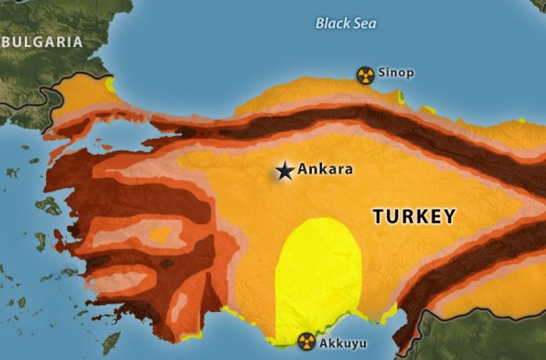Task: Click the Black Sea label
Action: point(346,24)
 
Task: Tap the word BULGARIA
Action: point(42,42)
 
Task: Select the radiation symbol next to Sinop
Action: point(365,75)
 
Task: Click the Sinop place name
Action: point(396,73)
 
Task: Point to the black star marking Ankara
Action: point(285,171)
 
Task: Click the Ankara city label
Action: point(325,169)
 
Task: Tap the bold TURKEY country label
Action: point(414,217)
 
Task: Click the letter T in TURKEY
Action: point(378,217)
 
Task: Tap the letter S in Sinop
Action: point(382,73)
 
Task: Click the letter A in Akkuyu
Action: point(323,344)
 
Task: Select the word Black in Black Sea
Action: point(332,24)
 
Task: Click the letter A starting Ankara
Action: point(302,169)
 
